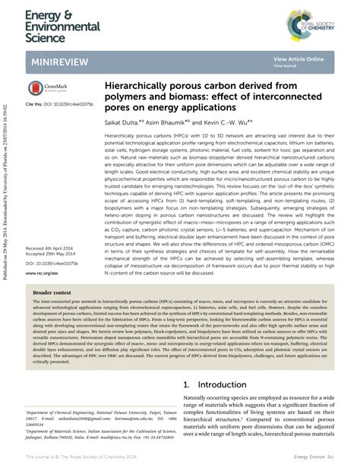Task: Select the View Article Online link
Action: [x=298, y=58]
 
